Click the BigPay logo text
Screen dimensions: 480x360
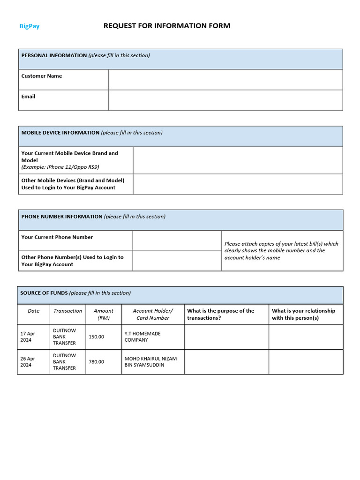[29, 26]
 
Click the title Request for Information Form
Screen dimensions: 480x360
[166, 26]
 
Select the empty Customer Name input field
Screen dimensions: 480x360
[225, 80]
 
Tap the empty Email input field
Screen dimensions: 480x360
[225, 100]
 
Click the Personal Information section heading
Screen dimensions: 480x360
[54, 55]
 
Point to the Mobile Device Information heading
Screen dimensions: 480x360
[60, 133]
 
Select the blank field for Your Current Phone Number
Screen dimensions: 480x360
[177, 240]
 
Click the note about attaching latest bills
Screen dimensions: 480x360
[281, 251]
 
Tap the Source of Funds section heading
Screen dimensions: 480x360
[44, 293]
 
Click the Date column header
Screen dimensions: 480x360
[34, 311]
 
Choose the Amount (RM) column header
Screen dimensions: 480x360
[103, 314]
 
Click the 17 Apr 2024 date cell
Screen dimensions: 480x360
[28, 337]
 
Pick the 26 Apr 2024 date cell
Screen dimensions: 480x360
[28, 362]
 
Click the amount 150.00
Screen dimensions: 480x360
[97, 337]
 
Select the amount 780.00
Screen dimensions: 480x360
[97, 362]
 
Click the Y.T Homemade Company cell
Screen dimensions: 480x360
[142, 337]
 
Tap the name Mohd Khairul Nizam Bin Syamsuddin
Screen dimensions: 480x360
[150, 362]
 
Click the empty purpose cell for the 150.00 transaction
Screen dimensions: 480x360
[226, 337]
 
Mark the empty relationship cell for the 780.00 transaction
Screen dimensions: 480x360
[305, 362]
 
